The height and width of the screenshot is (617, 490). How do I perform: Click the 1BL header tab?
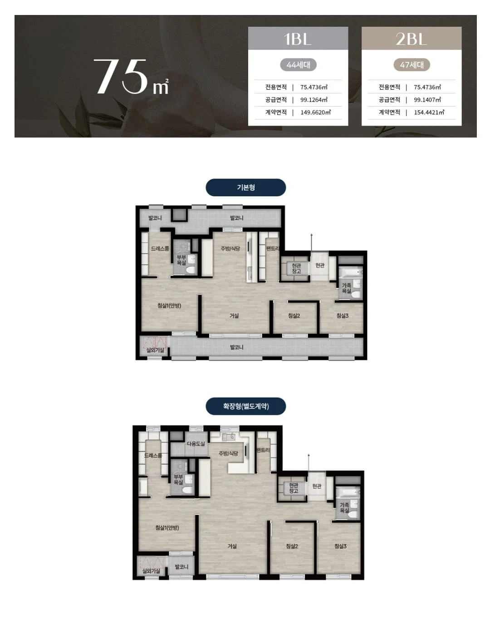pyautogui.click(x=298, y=39)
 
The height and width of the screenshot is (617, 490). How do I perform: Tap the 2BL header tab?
pyautogui.click(x=412, y=39)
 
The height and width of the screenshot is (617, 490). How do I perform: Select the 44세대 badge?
pyautogui.click(x=298, y=65)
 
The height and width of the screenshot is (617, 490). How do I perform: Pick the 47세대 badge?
pyautogui.click(x=412, y=65)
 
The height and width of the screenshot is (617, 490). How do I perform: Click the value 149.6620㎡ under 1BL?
pyautogui.click(x=315, y=112)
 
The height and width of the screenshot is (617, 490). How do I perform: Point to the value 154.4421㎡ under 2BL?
pyautogui.click(x=429, y=112)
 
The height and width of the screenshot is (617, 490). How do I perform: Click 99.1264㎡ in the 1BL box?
pyautogui.click(x=314, y=100)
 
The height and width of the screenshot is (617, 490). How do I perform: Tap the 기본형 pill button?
pyautogui.click(x=246, y=188)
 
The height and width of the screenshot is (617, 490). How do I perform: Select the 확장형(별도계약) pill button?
pyautogui.click(x=246, y=406)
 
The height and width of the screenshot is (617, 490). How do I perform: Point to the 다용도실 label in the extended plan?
pyautogui.click(x=196, y=444)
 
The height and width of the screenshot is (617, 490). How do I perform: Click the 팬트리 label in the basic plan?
pyautogui.click(x=272, y=248)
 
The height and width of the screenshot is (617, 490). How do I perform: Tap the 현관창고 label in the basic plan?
pyautogui.click(x=296, y=268)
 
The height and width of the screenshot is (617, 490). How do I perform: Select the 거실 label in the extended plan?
pyautogui.click(x=232, y=546)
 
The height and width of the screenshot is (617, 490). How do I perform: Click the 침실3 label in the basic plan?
pyautogui.click(x=343, y=316)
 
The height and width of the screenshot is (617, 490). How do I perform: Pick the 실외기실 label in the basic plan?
pyautogui.click(x=155, y=350)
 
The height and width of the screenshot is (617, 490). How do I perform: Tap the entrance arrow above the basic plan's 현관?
pyautogui.click(x=311, y=243)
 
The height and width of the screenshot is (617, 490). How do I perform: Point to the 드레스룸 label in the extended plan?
pyautogui.click(x=153, y=456)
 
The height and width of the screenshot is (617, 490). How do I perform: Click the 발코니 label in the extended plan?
pyautogui.click(x=181, y=567)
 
